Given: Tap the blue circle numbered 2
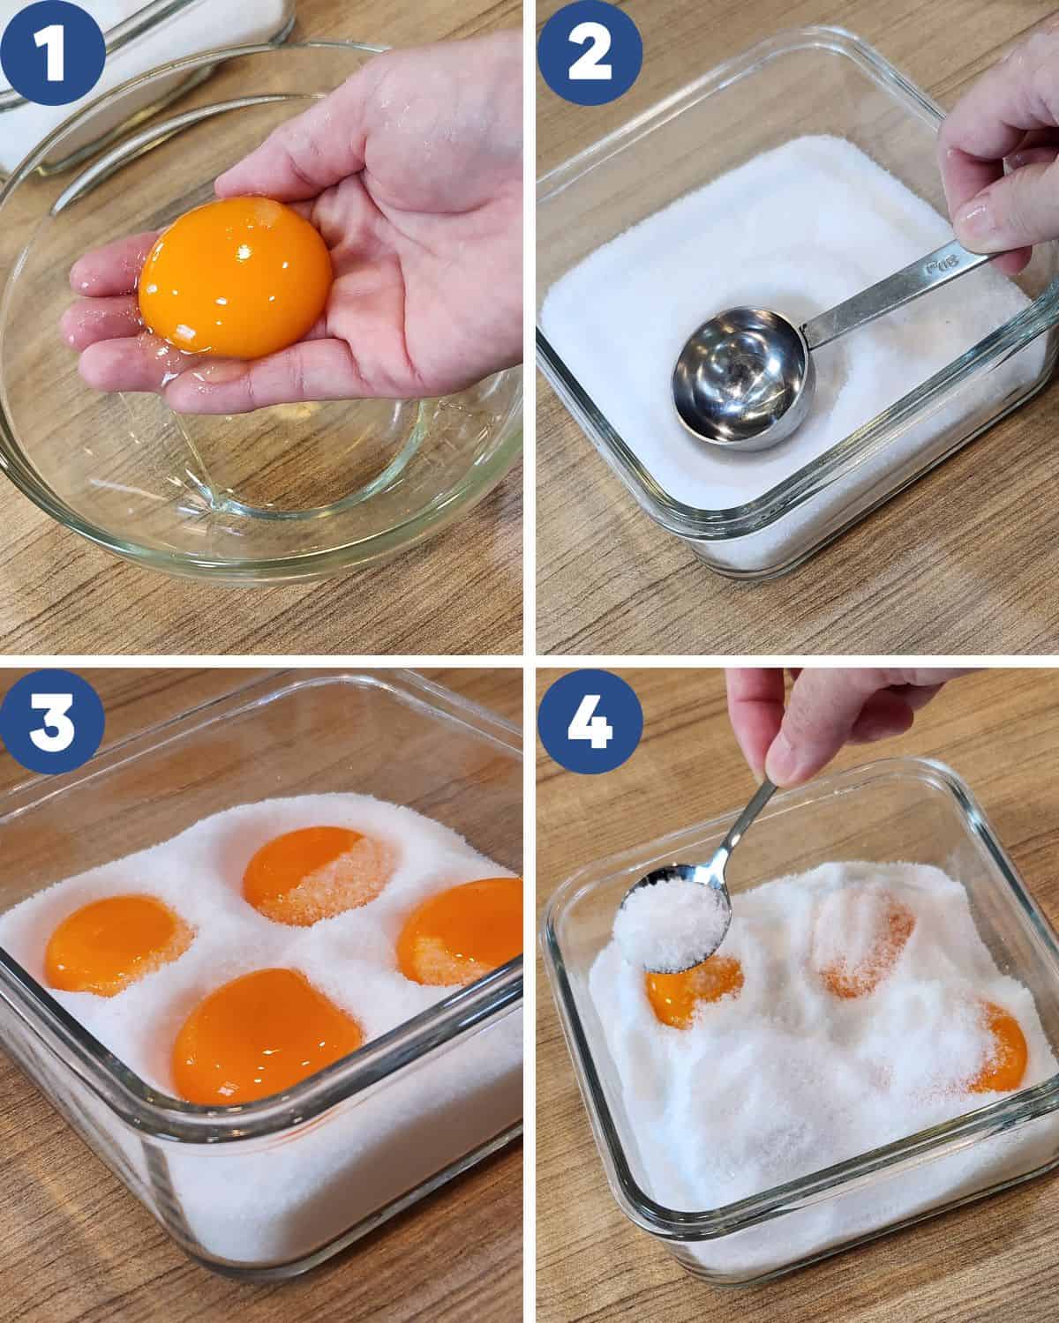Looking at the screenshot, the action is point(590,53).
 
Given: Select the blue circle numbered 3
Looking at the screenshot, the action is point(52,721).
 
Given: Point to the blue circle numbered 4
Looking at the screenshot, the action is point(590,721).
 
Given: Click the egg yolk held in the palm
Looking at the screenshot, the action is point(235,277).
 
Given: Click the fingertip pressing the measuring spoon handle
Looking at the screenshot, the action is point(980,227).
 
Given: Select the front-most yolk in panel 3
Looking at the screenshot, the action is point(266,1035).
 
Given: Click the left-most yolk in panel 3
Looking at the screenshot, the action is point(116,945).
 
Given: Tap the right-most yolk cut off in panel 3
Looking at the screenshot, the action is point(461,931).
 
